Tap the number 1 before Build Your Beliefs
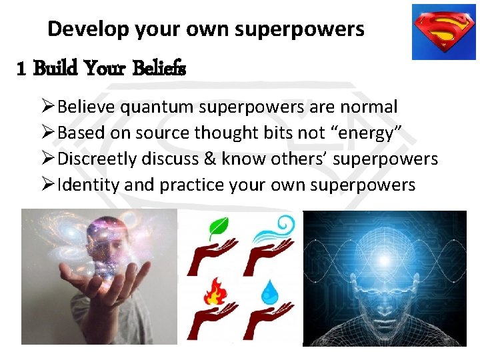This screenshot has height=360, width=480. tap(21, 69)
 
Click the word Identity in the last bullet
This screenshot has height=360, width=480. tap(88, 185)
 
